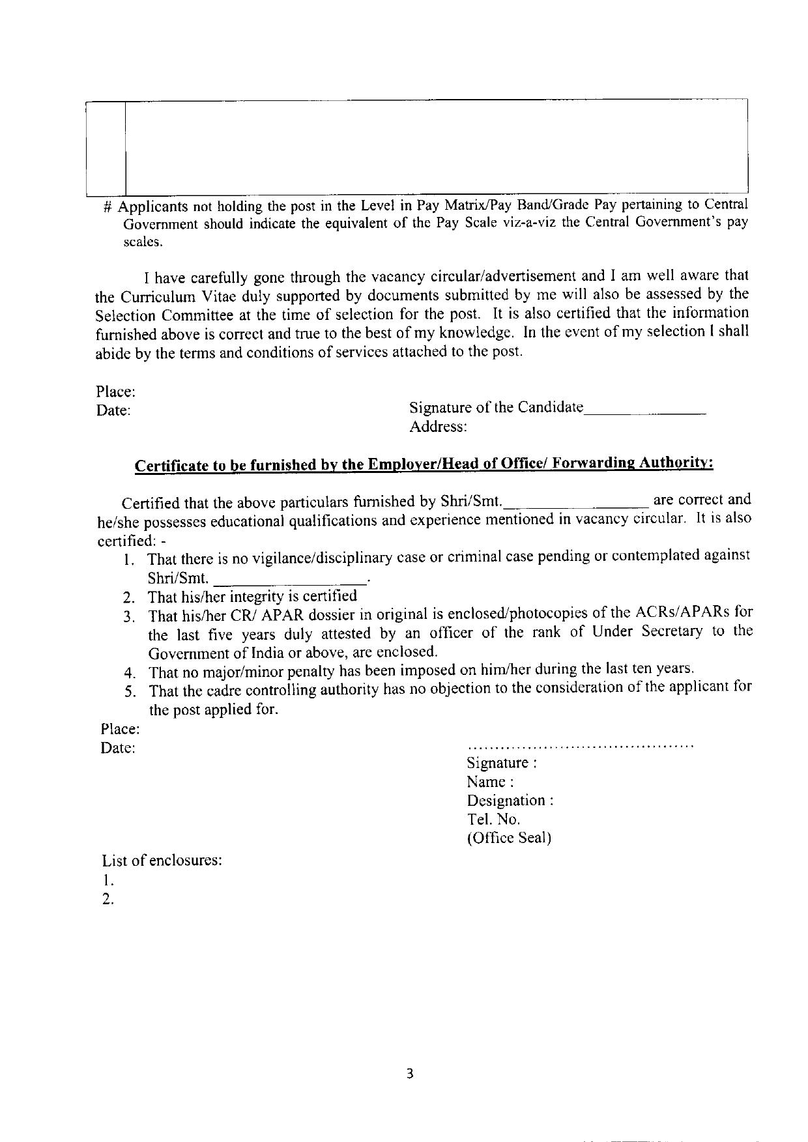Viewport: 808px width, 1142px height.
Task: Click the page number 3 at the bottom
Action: click(410, 1074)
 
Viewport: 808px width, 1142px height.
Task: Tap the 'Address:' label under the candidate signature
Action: click(438, 427)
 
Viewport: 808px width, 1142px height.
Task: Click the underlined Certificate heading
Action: click(424, 464)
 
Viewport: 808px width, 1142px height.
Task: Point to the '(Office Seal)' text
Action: click(509, 838)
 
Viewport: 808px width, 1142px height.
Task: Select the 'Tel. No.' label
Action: click(493, 819)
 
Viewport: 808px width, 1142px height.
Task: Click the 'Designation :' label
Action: click(510, 800)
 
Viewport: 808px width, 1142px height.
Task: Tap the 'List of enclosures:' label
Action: click(162, 860)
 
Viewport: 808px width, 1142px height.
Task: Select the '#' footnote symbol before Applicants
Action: click(109, 207)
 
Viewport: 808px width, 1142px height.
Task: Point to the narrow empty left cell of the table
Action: click(105, 148)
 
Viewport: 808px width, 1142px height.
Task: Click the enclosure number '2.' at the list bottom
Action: click(108, 900)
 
